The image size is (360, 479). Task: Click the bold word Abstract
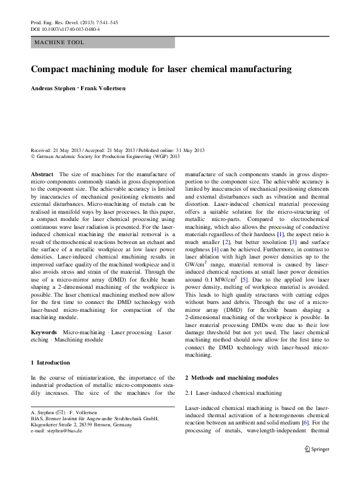[x=42, y=174]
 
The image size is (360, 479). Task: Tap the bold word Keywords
[x=44, y=333]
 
